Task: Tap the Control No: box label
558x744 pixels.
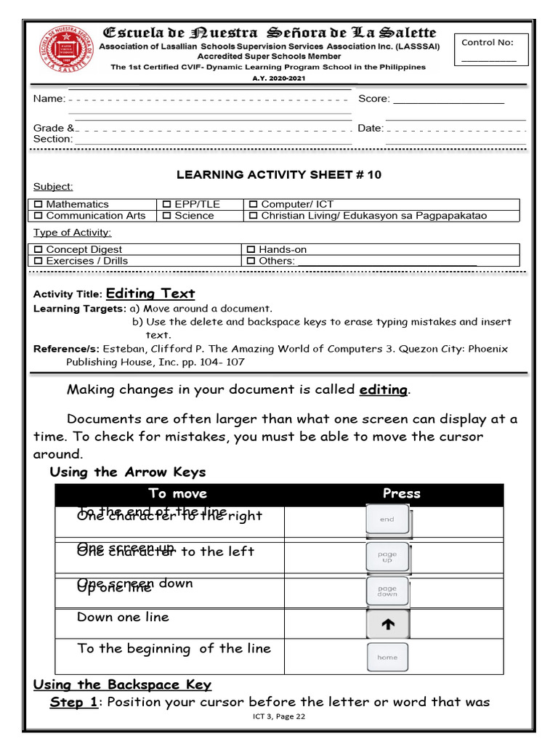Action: pyautogui.click(x=487, y=42)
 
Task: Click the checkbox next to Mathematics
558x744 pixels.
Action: pyautogui.click(x=39, y=205)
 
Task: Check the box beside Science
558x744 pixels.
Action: pyautogui.click(x=167, y=216)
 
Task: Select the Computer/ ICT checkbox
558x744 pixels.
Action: pyautogui.click(x=253, y=205)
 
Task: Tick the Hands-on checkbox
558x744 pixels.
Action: pyautogui.click(x=251, y=250)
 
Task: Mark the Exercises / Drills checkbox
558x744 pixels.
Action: pyautogui.click(x=39, y=261)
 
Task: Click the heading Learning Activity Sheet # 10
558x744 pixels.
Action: pyautogui.click(x=279, y=174)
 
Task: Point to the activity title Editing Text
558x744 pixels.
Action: pyautogui.click(x=150, y=294)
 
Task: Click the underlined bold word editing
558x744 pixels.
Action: pyautogui.click(x=383, y=389)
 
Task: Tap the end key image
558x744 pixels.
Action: pyautogui.click(x=387, y=520)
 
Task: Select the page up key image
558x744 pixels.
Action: pyautogui.click(x=387, y=557)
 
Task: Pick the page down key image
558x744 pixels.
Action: pyautogui.click(x=387, y=591)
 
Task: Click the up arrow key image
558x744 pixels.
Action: pyautogui.click(x=388, y=624)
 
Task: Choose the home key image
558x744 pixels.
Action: pyautogui.click(x=387, y=658)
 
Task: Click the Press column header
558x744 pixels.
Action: pyautogui.click(x=401, y=493)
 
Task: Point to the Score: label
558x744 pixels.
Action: pyautogui.click(x=373, y=99)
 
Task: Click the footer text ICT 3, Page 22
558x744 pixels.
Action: pyautogui.click(x=279, y=716)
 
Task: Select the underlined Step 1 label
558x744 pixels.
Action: pyautogui.click(x=73, y=702)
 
